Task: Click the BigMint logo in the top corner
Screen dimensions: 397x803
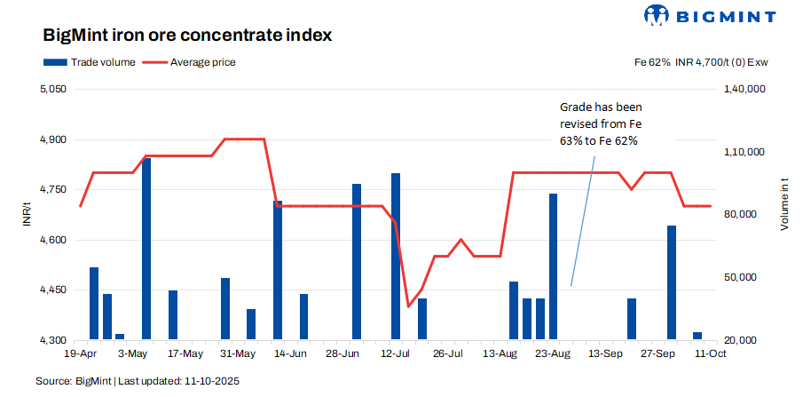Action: [709, 15]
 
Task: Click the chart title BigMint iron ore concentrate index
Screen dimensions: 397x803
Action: [187, 36]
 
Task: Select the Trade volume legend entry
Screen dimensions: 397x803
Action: [90, 63]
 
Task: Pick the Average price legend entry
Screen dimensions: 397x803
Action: [191, 63]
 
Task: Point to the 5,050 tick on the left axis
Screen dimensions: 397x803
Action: [53, 90]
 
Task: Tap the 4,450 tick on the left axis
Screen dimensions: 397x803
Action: [53, 290]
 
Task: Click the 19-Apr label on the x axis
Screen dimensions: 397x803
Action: [81, 353]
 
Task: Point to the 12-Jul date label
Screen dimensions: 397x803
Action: [395, 353]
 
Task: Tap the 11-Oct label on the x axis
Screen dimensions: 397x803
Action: [710, 353]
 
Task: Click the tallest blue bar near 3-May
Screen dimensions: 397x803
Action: [146, 249]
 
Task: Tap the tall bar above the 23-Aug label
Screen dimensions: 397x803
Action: [553, 266]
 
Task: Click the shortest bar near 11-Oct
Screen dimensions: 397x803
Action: [697, 336]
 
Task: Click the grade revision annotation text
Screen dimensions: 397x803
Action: [599, 123]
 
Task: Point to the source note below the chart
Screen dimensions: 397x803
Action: [138, 381]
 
